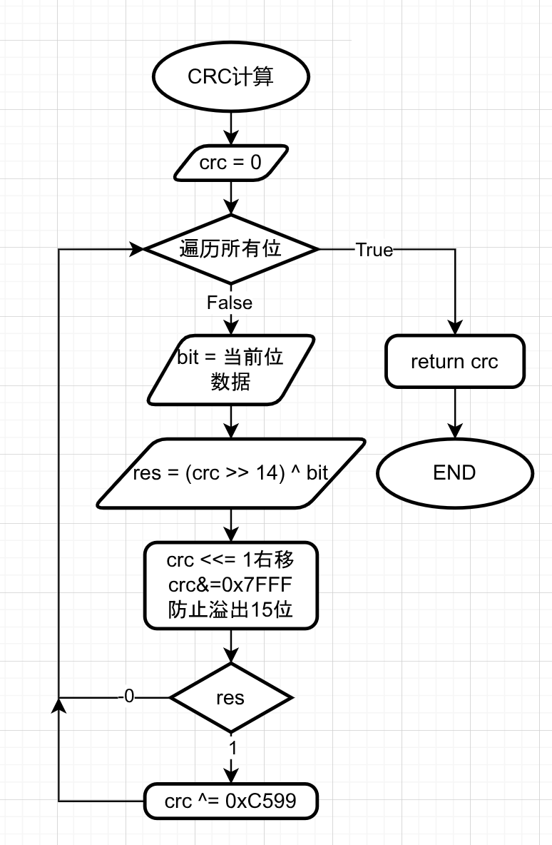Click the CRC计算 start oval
231,78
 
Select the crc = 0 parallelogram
231,163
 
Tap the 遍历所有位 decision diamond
231,249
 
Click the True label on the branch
374,250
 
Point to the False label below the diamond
230,303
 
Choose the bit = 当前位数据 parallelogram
230,370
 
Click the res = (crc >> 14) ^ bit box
230,474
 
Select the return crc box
454,361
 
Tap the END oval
454,472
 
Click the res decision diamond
230,697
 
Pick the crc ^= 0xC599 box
230,801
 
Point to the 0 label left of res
128,697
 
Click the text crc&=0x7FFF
230,586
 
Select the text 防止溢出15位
230,611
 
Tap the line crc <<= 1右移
230,560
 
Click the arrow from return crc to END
454,414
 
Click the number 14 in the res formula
268,475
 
